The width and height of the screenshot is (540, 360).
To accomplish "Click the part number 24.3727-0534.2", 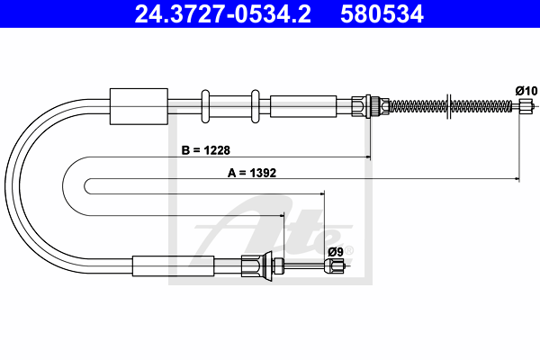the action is coord(223,14).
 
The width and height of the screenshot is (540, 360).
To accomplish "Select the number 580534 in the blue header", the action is coord(382,14).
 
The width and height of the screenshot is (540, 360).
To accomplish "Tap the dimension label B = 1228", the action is coord(205,150).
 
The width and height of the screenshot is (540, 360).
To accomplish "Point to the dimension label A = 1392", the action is coord(252,173).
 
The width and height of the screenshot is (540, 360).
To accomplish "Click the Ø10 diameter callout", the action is coord(526,91).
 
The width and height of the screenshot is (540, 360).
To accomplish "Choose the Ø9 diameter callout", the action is coord(336,252).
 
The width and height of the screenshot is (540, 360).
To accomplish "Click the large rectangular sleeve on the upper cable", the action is coord(139,106).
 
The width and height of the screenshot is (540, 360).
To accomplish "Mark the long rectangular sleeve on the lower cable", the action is coord(173,266).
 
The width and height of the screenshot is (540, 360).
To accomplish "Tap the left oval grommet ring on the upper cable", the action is coord(205,106).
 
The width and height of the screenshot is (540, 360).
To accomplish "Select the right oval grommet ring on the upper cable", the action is coord(256,106).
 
